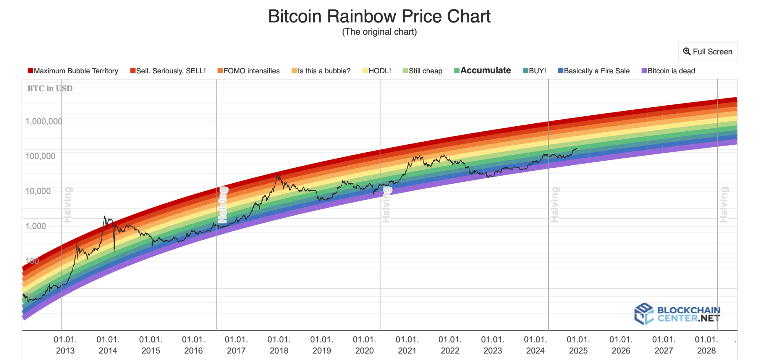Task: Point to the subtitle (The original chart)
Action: tap(379, 32)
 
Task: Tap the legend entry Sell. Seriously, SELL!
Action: tap(168, 71)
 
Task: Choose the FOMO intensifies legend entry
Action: tap(248, 71)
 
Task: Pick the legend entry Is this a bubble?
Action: tap(321, 71)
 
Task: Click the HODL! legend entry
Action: tap(376, 71)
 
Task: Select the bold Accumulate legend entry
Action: tap(482, 70)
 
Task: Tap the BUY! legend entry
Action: tap(534, 71)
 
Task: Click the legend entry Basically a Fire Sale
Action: tap(593, 71)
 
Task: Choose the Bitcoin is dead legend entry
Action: tap(668, 71)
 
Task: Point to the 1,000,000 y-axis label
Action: tap(44, 122)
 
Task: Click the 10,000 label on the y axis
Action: tap(38, 191)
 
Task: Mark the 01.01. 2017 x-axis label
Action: tap(236, 345)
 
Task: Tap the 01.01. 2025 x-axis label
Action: tap(578, 345)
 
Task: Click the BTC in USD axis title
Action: tap(50, 88)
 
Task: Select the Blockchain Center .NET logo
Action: tap(677, 314)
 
